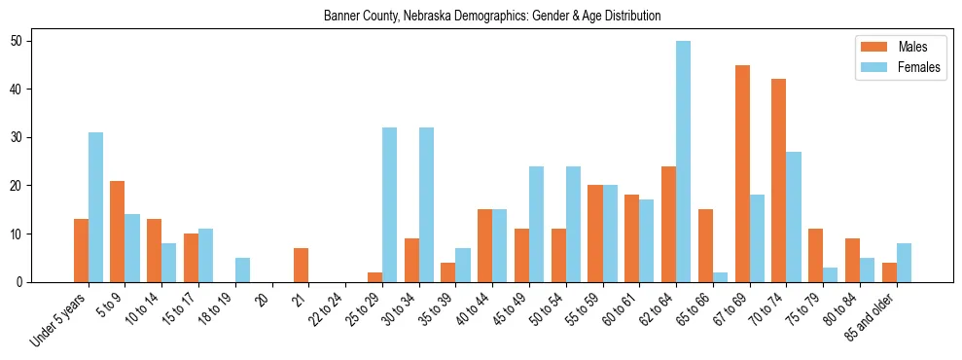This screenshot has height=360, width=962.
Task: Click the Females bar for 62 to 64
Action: [684, 162]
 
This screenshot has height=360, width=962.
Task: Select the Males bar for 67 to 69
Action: [742, 173]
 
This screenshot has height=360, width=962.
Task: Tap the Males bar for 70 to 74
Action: [778, 181]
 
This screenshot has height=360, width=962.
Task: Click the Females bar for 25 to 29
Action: [389, 205]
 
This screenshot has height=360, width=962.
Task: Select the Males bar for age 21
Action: [301, 266]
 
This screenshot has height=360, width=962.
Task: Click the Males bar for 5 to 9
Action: [117, 232]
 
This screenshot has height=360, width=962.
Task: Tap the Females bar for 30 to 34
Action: [426, 205]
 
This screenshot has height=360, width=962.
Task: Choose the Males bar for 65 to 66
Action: [705, 246]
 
